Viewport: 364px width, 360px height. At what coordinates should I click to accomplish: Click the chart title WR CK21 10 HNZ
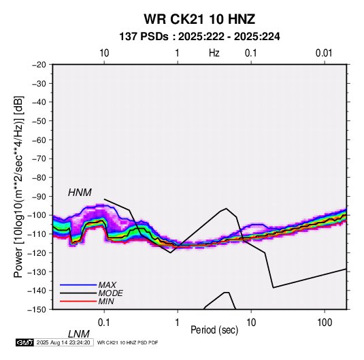[x=199, y=19]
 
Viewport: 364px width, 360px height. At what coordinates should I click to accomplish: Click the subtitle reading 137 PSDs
[x=144, y=37]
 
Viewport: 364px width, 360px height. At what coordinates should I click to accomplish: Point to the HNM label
[x=80, y=193]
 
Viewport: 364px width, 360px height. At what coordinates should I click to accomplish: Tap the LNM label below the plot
[x=78, y=334]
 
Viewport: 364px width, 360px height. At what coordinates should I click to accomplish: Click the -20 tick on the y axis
[x=39, y=65]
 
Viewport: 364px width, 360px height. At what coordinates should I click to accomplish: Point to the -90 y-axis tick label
[x=39, y=197]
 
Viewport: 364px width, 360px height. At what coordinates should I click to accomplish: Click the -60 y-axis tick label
[x=39, y=140]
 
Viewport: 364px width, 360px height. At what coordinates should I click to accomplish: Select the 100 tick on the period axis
[x=325, y=323]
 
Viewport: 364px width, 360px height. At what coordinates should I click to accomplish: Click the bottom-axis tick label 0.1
[x=103, y=323]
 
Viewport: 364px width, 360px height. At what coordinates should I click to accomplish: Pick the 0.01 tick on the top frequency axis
[x=324, y=53]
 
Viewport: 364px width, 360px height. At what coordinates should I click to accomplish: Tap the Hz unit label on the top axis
[x=214, y=53]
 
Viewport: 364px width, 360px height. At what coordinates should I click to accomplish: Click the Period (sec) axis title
[x=214, y=330]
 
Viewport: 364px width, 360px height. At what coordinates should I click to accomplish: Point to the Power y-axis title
[x=18, y=187]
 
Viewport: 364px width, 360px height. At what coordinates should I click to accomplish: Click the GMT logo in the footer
[x=24, y=342]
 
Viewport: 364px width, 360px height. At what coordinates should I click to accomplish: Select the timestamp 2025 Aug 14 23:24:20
[x=63, y=342]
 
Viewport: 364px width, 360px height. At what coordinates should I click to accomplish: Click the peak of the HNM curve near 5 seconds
[x=226, y=208]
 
